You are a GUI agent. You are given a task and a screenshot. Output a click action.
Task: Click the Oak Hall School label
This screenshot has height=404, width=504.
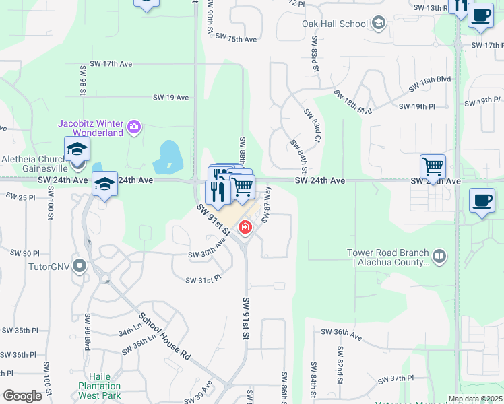[334, 24]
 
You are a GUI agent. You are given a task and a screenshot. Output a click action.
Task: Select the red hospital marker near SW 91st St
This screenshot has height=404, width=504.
[245, 228]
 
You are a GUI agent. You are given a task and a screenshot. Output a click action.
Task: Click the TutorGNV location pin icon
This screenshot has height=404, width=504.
[80, 266]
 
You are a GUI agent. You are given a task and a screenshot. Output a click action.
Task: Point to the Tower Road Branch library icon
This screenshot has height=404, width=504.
[439, 256]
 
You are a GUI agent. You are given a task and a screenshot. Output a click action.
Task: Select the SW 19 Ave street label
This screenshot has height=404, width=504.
[170, 98]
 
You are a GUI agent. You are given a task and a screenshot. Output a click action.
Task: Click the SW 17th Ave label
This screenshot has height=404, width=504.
[108, 64]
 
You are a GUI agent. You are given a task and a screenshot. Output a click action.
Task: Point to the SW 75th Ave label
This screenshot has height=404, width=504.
[242, 40]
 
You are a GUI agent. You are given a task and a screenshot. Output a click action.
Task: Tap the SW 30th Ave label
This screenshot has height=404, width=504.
[207, 254]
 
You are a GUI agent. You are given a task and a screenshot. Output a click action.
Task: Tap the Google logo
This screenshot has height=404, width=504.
[22, 396]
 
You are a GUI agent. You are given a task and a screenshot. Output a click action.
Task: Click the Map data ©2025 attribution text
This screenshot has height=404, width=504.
[474, 399]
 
